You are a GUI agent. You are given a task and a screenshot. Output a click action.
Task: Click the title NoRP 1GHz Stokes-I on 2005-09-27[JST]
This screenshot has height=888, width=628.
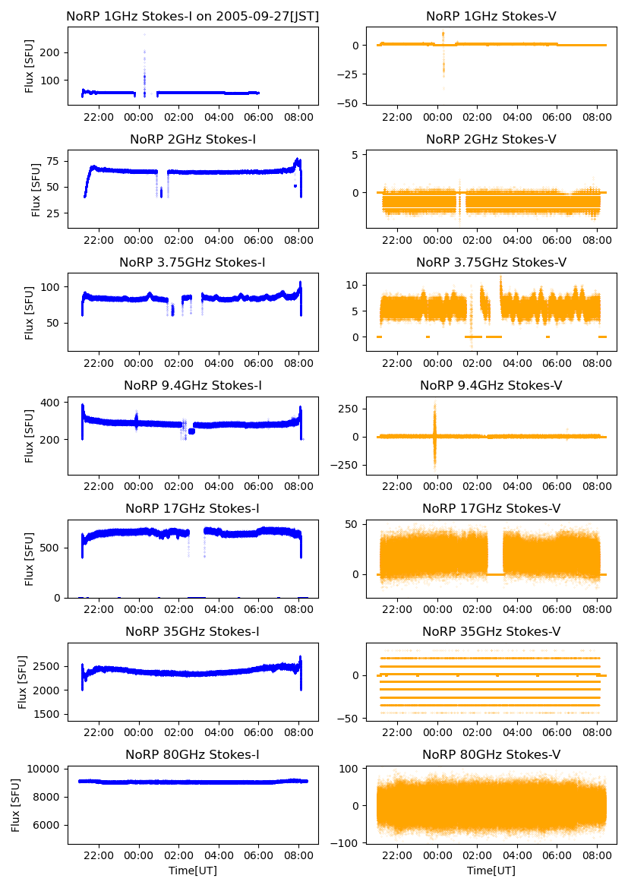(x=193, y=16)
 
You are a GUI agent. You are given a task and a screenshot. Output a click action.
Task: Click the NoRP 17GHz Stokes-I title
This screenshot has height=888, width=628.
(x=193, y=508)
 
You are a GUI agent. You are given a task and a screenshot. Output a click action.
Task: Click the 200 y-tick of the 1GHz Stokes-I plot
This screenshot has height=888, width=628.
(x=52, y=52)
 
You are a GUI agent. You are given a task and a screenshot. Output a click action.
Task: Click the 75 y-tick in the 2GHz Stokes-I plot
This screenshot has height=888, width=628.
(x=55, y=161)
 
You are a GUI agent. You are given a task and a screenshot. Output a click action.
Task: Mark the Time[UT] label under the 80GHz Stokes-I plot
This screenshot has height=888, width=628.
(x=193, y=871)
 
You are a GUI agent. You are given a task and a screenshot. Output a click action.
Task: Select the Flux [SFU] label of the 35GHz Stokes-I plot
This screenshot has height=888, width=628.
(x=23, y=682)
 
